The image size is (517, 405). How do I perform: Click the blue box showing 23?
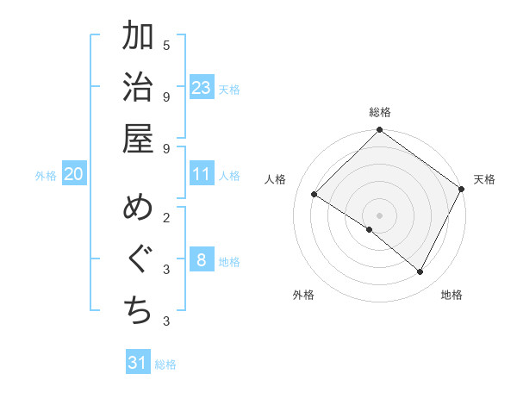click(202, 87)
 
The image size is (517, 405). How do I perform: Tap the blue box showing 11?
click(202, 174)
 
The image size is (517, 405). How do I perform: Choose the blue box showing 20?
click(73, 174)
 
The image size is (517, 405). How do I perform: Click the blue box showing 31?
click(138, 363)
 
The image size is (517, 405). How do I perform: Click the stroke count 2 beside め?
click(166, 217)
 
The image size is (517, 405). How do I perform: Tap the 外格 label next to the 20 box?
click(46, 175)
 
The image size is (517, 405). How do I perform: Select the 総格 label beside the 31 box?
click(165, 364)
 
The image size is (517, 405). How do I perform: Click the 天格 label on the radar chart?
click(484, 179)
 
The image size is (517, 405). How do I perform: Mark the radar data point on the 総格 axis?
click(379, 131)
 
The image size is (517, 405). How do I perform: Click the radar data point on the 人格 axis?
click(315, 195)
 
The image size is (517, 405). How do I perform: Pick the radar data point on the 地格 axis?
click(420, 272)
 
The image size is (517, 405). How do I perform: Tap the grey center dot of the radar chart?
click(379, 215)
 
